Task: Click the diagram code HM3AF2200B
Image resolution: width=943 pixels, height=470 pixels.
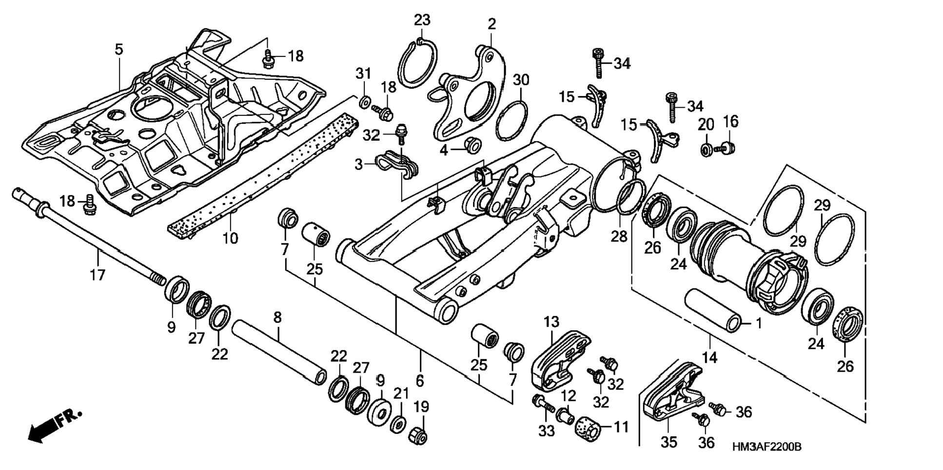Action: pos(766,447)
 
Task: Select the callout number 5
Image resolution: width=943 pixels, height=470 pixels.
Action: pos(119,49)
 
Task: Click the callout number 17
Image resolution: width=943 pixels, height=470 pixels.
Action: pos(98,275)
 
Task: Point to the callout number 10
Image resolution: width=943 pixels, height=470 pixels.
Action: pos(230,238)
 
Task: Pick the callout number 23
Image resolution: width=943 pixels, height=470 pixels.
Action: pos(423,20)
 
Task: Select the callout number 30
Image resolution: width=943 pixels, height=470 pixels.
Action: pos(521,80)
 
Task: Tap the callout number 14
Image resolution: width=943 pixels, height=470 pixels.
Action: pos(709,357)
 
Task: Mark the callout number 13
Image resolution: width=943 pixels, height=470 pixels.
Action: pos(551,322)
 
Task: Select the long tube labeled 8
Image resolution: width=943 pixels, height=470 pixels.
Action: pos(279,352)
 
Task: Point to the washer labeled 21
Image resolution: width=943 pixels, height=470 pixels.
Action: pos(398,424)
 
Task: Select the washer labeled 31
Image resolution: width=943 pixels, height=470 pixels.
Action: pos(364,103)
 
